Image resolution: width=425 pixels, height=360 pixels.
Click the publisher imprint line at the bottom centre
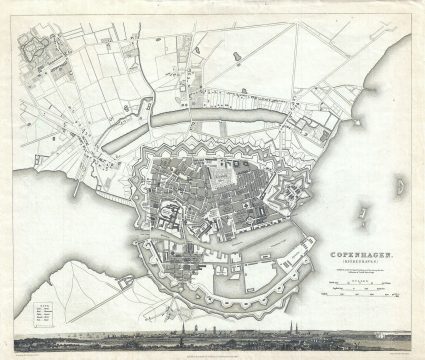pos(212,348)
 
